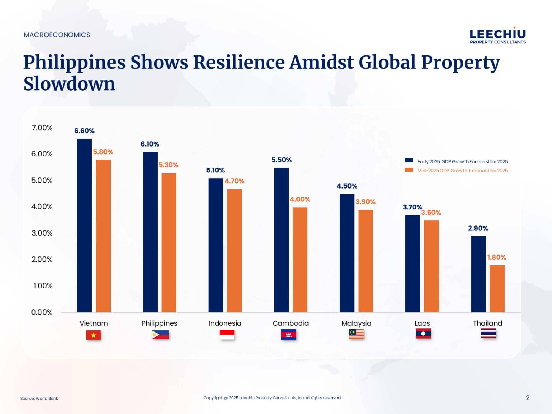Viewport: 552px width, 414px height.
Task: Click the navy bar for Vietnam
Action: pyautogui.click(x=84, y=225)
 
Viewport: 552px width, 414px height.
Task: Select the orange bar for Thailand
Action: pyautogui.click(x=497, y=288)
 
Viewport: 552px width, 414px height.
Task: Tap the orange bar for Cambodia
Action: pyautogui.click(x=300, y=259)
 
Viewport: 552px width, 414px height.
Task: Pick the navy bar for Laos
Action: pyautogui.click(x=412, y=264)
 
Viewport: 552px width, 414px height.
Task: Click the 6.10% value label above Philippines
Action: pyautogui.click(x=150, y=144)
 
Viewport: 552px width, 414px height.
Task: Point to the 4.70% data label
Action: pyautogui.click(x=234, y=181)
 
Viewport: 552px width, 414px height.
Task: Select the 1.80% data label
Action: pyautogui.click(x=497, y=258)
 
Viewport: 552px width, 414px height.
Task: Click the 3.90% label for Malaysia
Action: pyautogui.click(x=365, y=202)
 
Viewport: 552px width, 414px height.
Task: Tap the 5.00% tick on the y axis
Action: pyautogui.click(x=42, y=181)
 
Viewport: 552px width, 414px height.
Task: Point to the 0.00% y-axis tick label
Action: pyautogui.click(x=42, y=312)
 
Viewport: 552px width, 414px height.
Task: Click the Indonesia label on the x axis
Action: pyautogui.click(x=225, y=323)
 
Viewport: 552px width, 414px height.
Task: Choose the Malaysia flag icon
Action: pyautogui.click(x=356, y=334)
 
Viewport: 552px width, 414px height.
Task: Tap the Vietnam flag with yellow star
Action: pyautogui.click(x=93, y=335)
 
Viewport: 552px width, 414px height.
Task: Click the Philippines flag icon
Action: pyautogui.click(x=160, y=335)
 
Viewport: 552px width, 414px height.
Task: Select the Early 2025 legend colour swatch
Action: pyautogui.click(x=409, y=160)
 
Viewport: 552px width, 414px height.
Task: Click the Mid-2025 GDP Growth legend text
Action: pyautogui.click(x=462, y=171)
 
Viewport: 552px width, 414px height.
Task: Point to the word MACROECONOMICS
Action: pyautogui.click(x=57, y=35)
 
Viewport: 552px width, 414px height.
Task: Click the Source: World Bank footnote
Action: pyautogui.click(x=39, y=398)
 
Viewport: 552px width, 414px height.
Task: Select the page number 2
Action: pyautogui.click(x=528, y=397)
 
